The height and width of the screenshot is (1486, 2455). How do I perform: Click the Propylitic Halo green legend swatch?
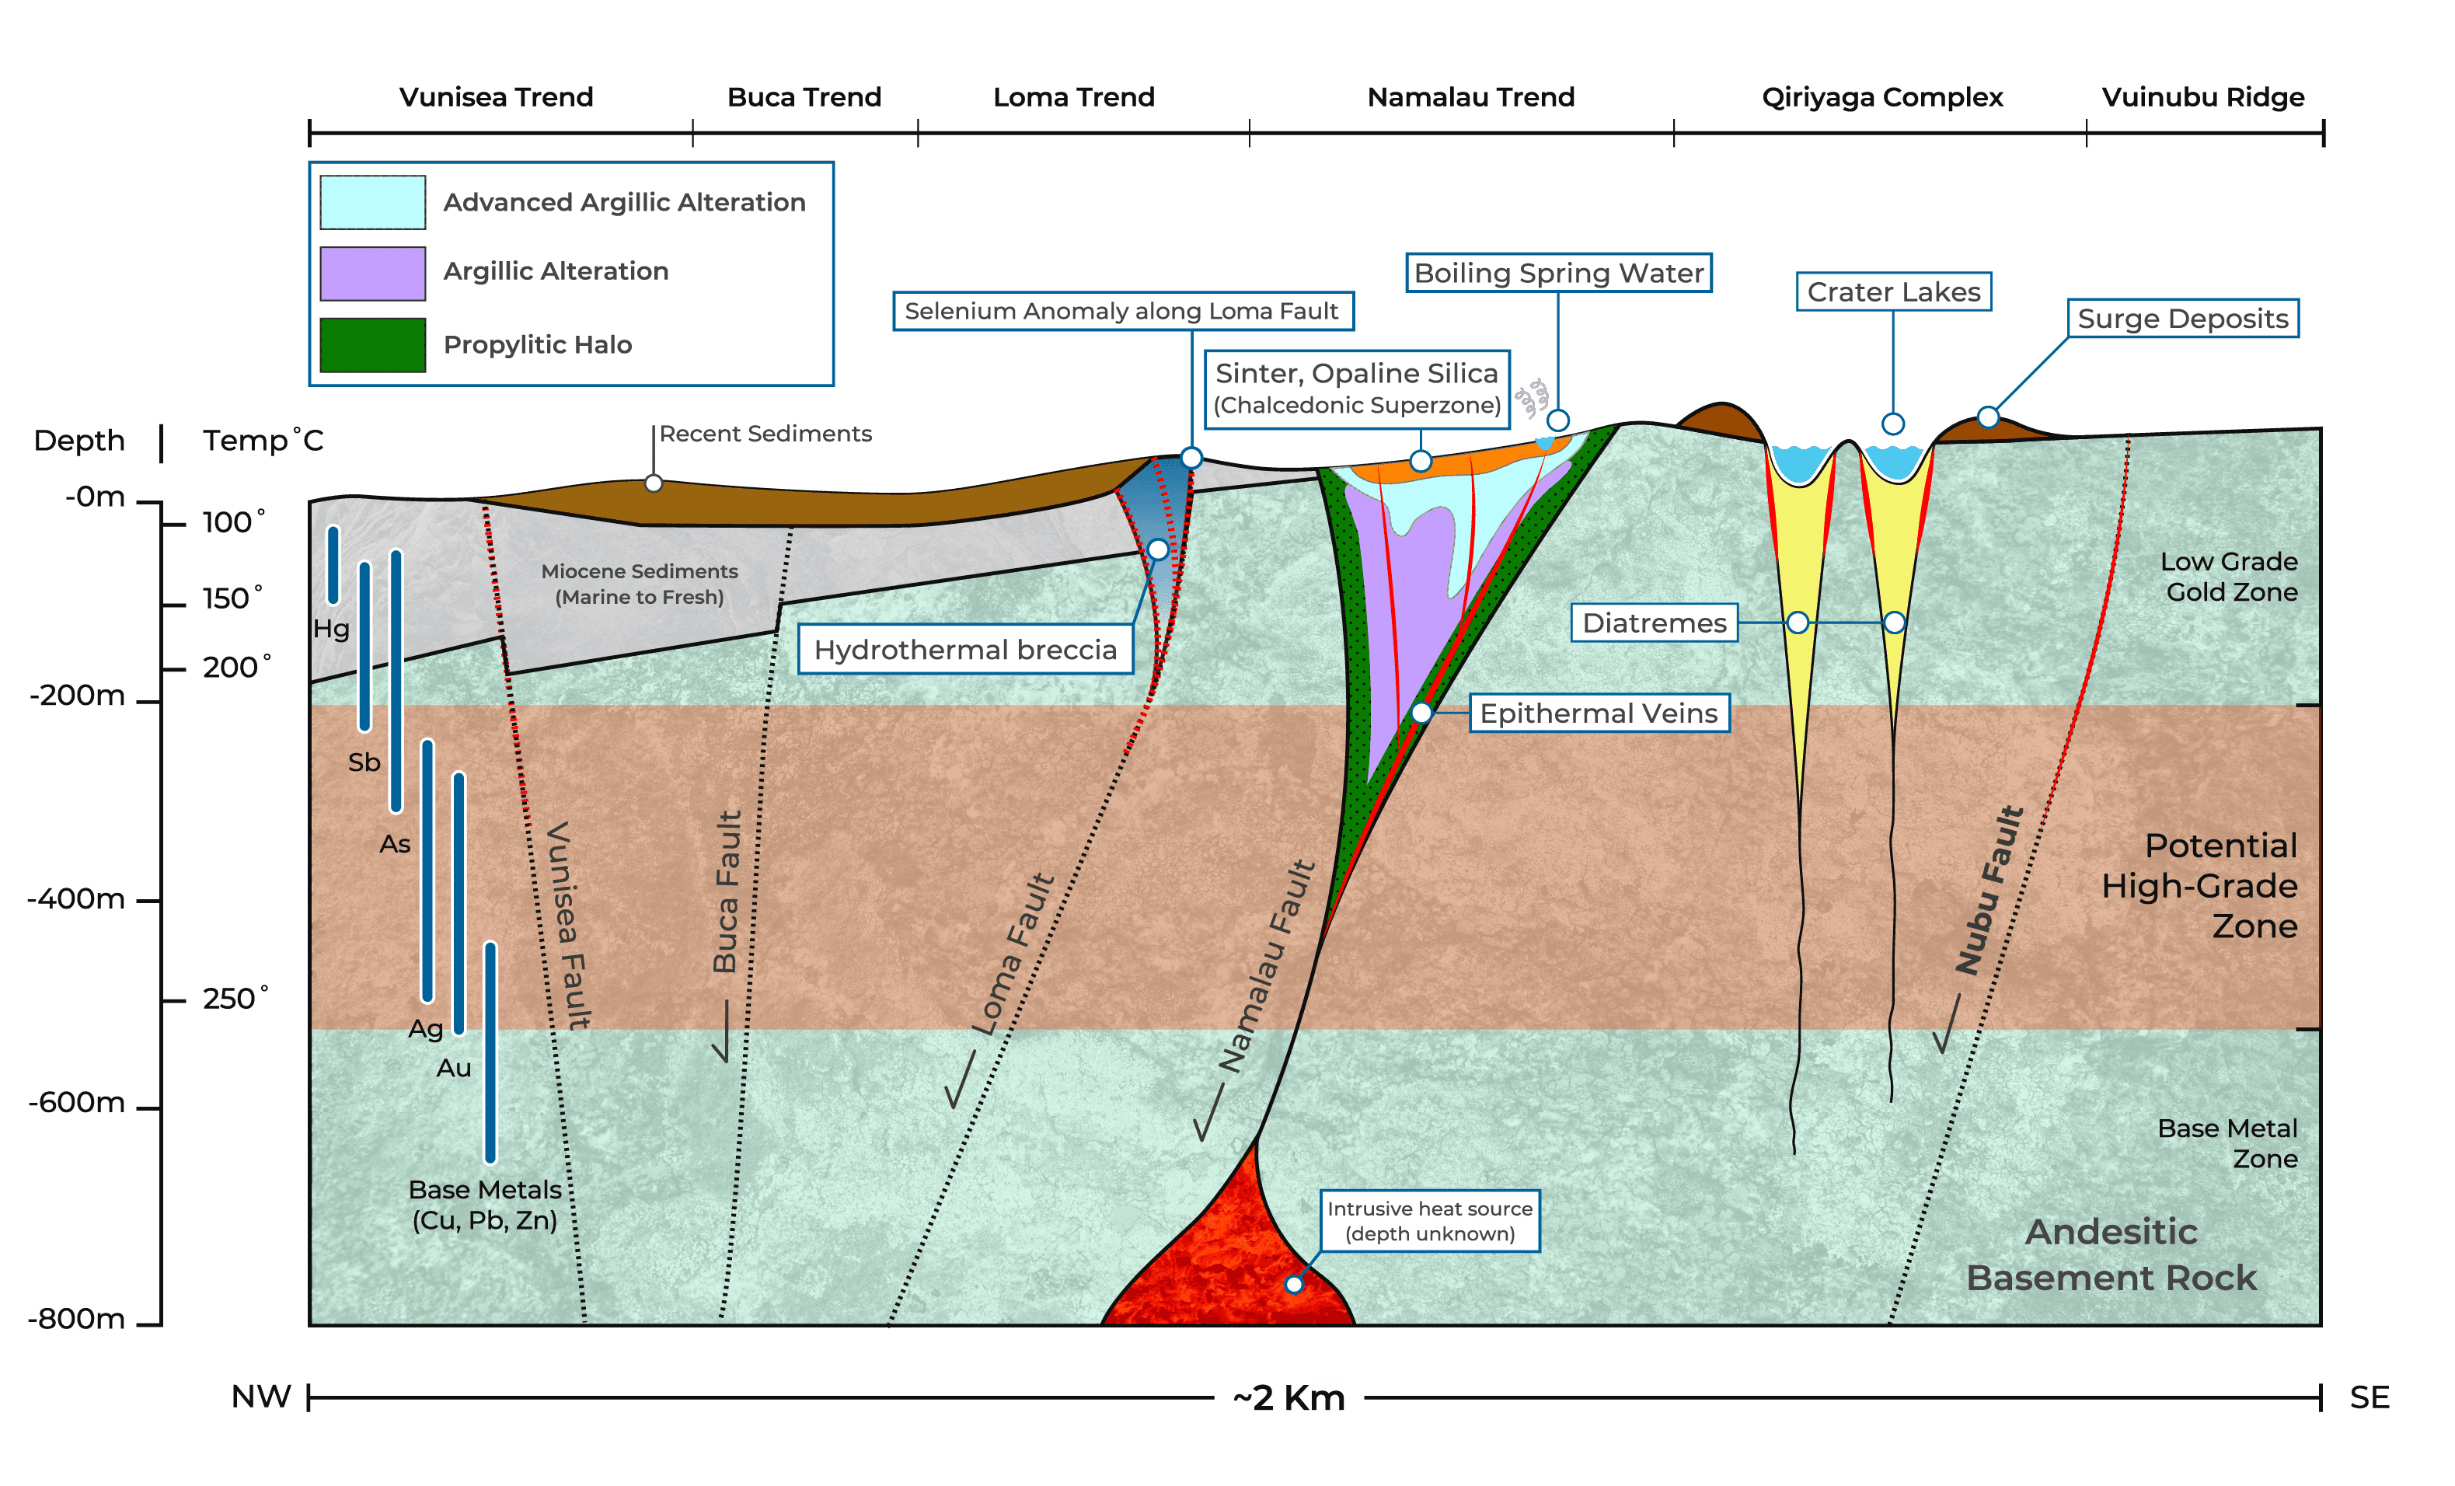coord(372,345)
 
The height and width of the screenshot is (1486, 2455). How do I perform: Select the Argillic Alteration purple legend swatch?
coord(372,273)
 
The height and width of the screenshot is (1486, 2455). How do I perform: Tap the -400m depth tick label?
coord(77,899)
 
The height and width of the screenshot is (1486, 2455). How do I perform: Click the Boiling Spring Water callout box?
coord(1558,273)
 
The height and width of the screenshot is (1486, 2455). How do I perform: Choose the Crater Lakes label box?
coord(1893,292)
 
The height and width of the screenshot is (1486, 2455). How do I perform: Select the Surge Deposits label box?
coord(2182,319)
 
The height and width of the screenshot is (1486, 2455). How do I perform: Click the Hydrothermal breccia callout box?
coord(965,650)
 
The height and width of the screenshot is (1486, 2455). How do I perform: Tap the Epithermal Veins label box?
coord(1599,713)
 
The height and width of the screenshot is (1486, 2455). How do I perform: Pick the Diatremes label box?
coord(1654,623)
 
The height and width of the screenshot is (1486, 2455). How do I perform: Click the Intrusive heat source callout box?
coord(1430,1221)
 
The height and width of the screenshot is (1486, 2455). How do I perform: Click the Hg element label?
coord(331,629)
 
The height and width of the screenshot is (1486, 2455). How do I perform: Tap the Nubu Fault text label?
coord(1989,890)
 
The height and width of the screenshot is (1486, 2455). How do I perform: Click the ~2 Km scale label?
coord(1289,1398)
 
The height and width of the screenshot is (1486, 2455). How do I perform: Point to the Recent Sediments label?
coord(765,434)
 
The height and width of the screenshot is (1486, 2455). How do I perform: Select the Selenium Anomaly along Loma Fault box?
coord(1123,311)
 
